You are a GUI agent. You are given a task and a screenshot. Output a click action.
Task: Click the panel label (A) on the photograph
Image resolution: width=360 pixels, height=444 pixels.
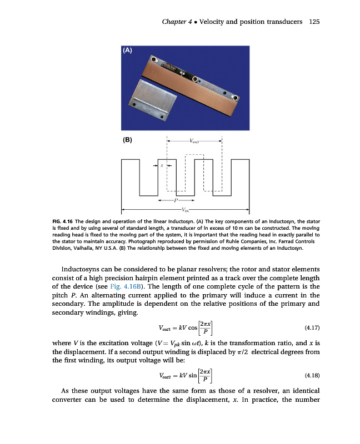127,50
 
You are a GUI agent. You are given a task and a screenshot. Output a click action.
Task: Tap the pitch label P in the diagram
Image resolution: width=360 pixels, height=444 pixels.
176,200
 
